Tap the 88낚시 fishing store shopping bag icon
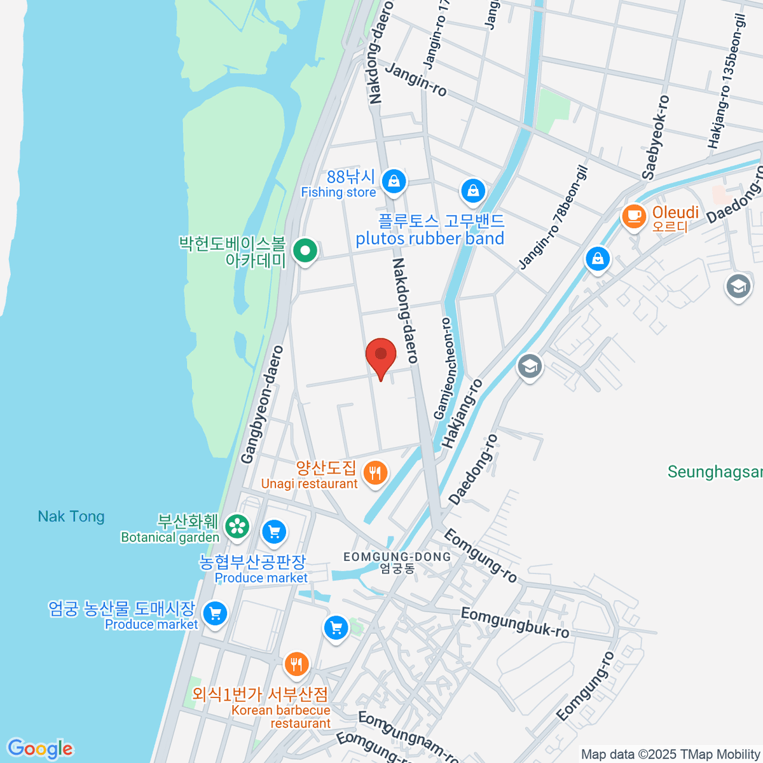394,181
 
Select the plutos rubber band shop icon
473,190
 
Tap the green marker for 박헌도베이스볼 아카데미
305,251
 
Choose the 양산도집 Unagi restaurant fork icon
375,473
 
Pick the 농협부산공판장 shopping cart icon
274,532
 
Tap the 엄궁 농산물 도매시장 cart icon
216,614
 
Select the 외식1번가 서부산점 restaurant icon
296,665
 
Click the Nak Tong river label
71,516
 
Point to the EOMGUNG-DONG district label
397,558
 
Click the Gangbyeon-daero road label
262,404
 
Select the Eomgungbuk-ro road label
514,622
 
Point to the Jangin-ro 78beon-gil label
553,218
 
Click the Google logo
40,749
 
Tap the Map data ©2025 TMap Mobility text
671,755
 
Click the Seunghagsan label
715,472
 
